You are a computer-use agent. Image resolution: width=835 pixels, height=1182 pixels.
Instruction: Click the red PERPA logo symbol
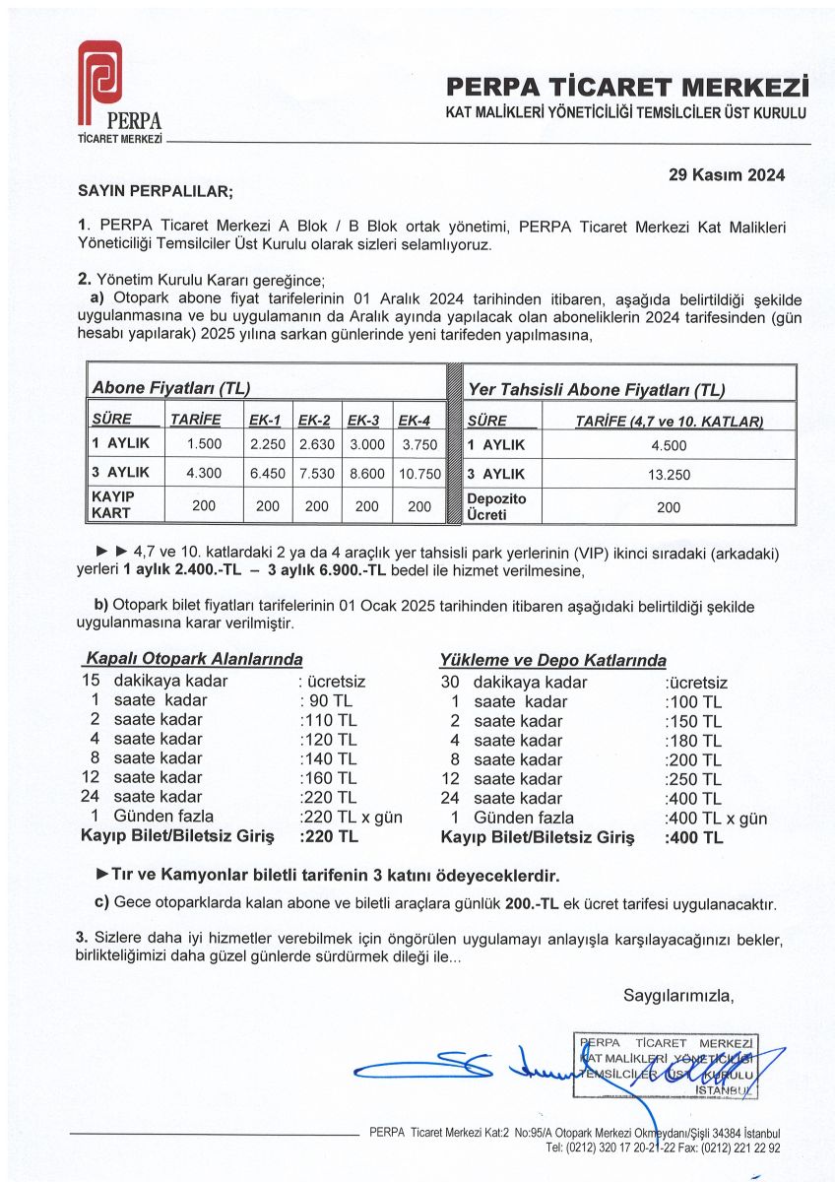click(x=99, y=77)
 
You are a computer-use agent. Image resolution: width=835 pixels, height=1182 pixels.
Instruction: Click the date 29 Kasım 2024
click(x=727, y=176)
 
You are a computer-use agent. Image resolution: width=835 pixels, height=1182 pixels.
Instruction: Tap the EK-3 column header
click(x=363, y=420)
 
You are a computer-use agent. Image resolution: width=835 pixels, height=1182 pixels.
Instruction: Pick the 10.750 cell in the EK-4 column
click(x=418, y=473)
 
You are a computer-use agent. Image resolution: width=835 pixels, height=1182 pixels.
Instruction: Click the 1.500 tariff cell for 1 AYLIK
click(x=203, y=443)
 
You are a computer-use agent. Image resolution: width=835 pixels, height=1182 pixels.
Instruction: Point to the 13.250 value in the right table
click(x=669, y=474)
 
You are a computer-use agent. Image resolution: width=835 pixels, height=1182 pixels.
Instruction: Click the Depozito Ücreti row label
click(x=497, y=506)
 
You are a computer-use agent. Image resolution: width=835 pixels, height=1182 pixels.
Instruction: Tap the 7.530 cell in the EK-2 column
click(x=317, y=473)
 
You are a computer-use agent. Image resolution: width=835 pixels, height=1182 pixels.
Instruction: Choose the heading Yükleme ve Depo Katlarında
click(x=552, y=660)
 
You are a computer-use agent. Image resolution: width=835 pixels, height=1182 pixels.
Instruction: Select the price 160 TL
click(x=328, y=777)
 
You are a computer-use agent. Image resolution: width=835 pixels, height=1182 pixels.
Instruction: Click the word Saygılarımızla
click(x=679, y=995)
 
